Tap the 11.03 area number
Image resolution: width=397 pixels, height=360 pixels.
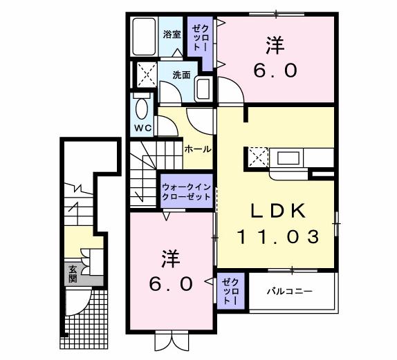tap(278, 237)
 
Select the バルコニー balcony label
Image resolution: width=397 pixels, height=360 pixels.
tap(290, 291)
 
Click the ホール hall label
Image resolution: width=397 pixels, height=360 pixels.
tap(198, 149)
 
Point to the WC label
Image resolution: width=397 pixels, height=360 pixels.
tap(142, 129)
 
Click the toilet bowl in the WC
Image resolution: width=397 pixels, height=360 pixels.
tap(142, 111)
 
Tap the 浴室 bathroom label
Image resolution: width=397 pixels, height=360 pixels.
tap(172, 34)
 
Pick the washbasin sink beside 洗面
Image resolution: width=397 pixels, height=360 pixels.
tap(203, 88)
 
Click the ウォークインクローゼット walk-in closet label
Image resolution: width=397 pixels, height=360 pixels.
tap(186, 191)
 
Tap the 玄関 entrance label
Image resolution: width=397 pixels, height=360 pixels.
tap(73, 274)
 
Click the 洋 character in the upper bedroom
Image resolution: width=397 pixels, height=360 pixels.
tap(274, 46)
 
